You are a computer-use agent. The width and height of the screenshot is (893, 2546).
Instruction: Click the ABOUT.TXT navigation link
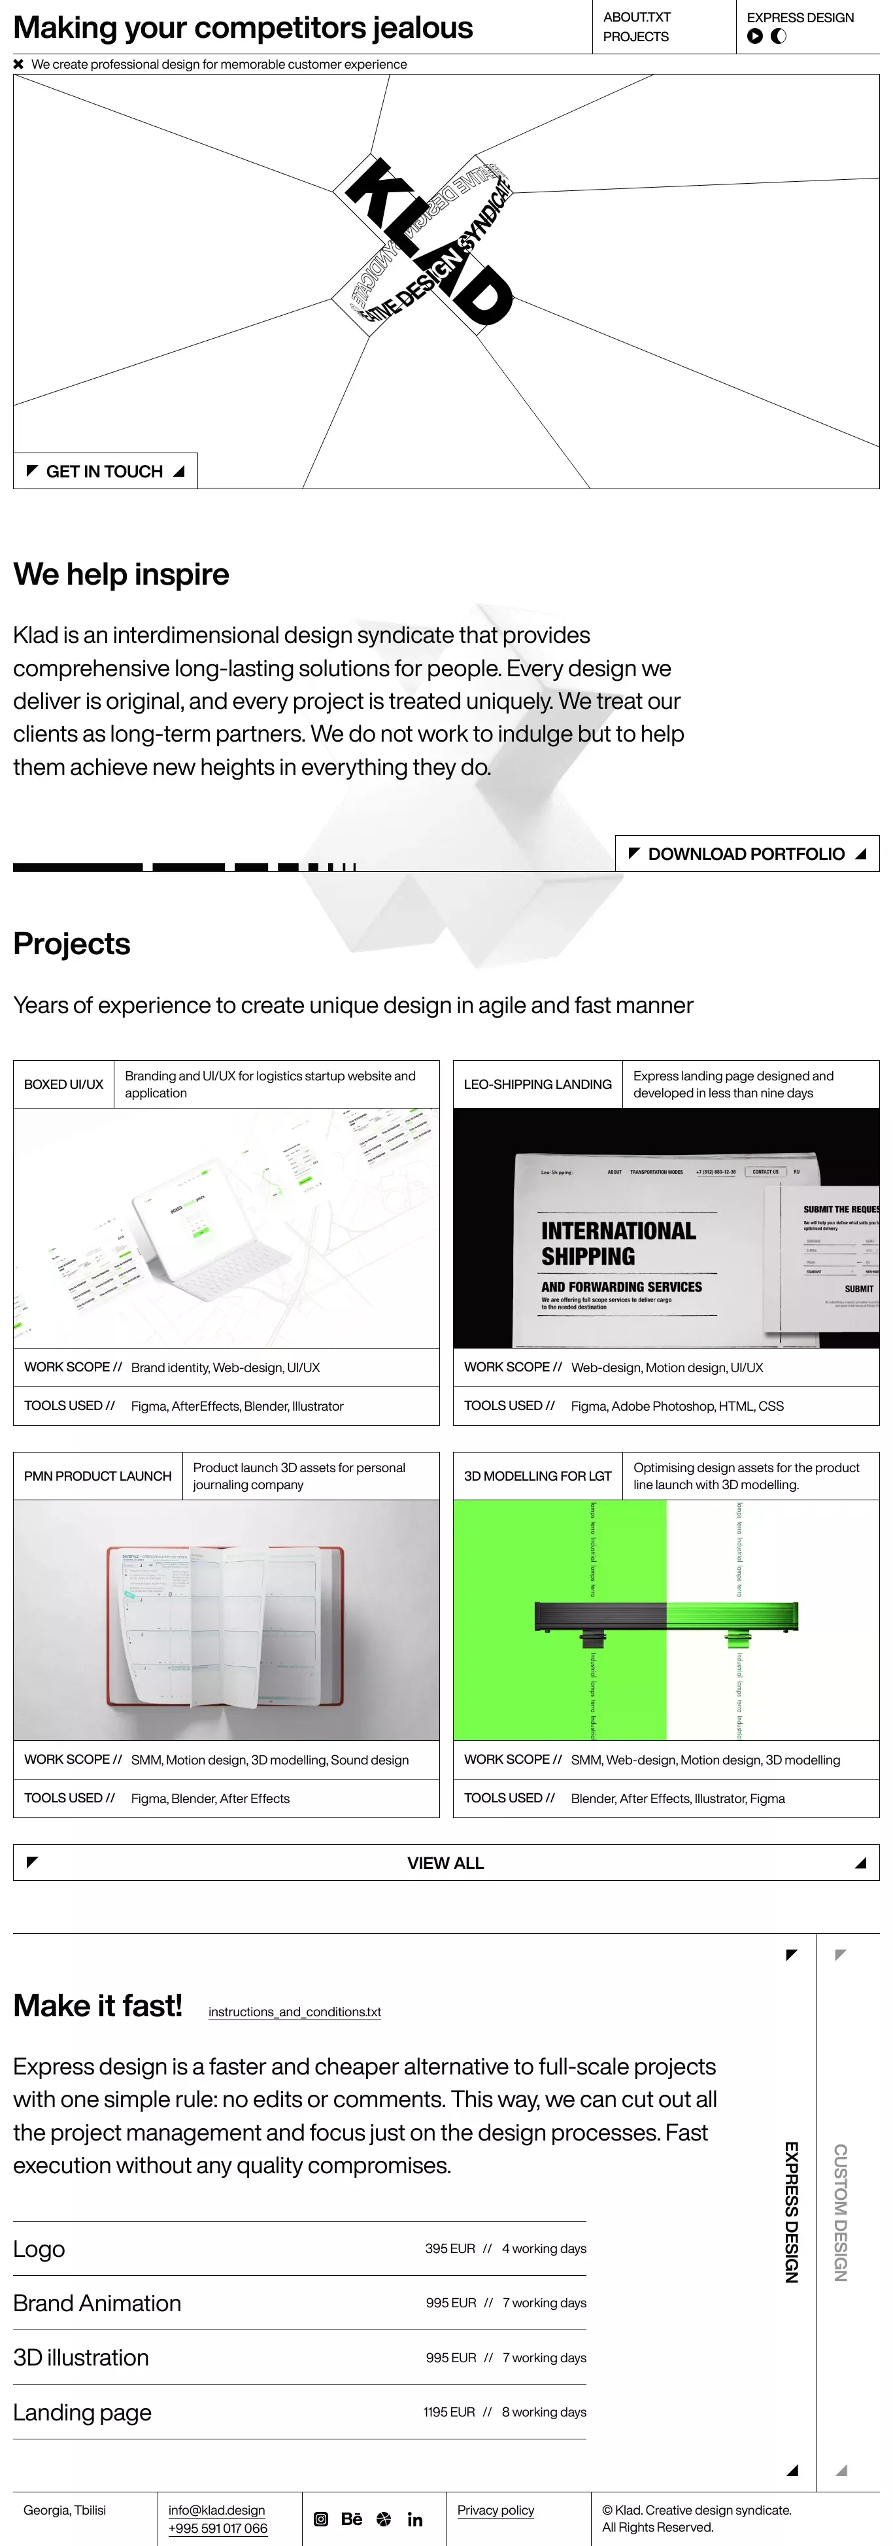636,17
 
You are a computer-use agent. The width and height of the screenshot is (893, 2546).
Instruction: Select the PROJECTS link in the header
635,37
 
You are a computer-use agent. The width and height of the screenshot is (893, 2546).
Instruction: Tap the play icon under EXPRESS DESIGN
754,37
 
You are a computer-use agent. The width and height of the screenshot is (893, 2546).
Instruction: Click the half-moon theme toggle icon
779,37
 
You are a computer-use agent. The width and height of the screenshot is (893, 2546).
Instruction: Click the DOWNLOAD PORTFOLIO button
747,854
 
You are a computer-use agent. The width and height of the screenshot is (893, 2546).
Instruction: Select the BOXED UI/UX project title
63,1084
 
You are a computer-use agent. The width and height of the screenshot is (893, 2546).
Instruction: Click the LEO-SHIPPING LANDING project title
537,1084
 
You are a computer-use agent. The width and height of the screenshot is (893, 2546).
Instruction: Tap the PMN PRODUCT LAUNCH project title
98,1475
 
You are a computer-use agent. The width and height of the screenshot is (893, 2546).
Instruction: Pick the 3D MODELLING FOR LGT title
537,1475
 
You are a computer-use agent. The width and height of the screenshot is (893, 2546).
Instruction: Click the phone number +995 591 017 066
217,2528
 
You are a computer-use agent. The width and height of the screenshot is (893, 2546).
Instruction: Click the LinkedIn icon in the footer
415,2519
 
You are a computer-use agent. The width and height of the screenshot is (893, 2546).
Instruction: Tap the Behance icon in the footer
352,2519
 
